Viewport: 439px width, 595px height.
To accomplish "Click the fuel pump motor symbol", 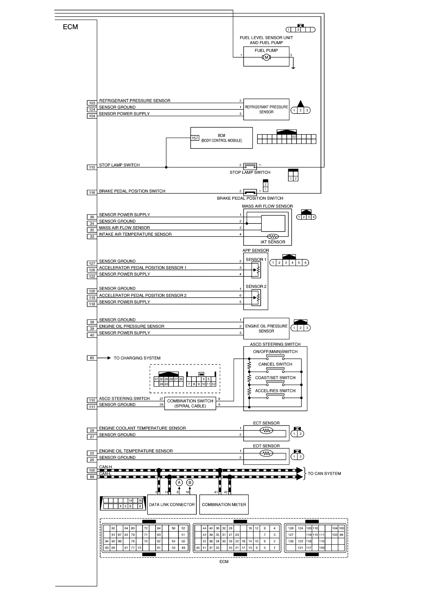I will coord(266,57).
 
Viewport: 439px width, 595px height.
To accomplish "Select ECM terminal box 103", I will coord(92,103).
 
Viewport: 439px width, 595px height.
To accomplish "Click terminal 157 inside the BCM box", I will coord(195,138).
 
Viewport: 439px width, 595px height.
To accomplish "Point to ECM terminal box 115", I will coord(92,167).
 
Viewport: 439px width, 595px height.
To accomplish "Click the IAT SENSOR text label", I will coord(273,242).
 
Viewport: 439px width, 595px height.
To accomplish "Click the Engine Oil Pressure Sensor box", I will coord(266,328).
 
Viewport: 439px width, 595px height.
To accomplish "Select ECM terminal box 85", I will coord(92,358).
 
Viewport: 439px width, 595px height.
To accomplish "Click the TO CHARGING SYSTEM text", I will coord(137,358).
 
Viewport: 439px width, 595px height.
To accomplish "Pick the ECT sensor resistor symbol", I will coord(266,430).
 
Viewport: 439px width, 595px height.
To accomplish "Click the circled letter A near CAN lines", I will coord(179,482).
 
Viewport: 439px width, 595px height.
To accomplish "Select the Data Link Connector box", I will coord(172,504).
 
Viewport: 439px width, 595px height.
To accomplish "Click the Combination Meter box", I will coord(224,504).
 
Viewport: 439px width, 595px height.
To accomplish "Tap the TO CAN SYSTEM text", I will coord(324,473).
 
